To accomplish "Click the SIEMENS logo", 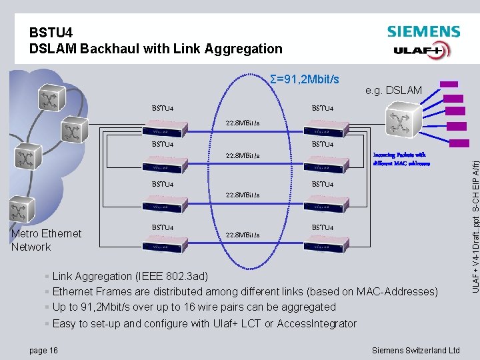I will click(423, 31).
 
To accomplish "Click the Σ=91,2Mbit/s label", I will click(305, 79).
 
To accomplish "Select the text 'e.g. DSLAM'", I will click(393, 90).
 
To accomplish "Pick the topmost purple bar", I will click(450, 84).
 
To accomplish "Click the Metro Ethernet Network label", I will click(46, 240).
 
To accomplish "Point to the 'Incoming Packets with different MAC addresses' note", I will click(401, 158).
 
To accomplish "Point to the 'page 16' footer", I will click(43, 350).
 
